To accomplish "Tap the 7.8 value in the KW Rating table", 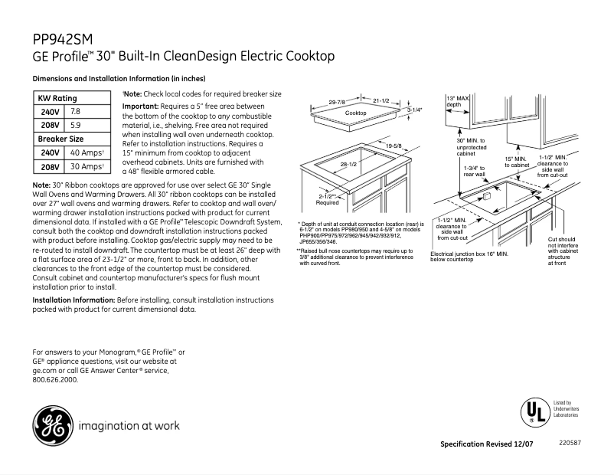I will [76, 112].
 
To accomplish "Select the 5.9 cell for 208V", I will [75, 125].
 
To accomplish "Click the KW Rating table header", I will [57, 99].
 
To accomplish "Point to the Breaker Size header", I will [60, 139].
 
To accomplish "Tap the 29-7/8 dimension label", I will [337, 102].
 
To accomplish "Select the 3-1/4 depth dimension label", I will [414, 110].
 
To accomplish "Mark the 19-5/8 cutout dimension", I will [394, 146].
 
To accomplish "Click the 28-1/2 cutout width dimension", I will [349, 165].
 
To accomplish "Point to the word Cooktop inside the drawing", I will [355, 113].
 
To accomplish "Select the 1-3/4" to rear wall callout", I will [475, 171].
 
